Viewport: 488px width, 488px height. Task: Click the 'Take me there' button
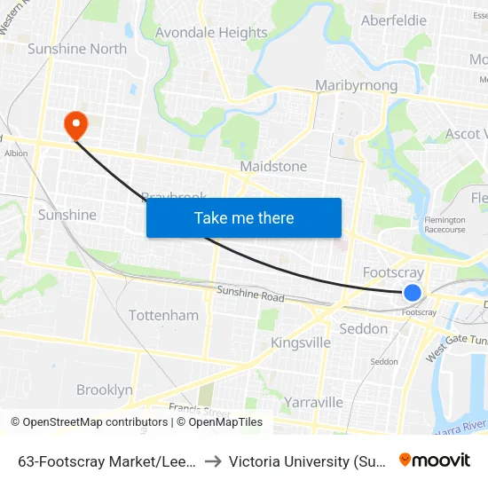click(244, 217)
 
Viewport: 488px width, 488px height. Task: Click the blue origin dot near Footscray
click(413, 292)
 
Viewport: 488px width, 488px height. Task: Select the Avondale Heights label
click(211, 33)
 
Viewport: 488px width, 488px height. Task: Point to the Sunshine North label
click(77, 49)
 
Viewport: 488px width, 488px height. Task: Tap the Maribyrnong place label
click(357, 85)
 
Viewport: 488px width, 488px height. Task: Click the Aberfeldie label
click(394, 20)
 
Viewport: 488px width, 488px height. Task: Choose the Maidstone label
click(273, 166)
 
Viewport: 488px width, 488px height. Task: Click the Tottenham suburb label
click(163, 315)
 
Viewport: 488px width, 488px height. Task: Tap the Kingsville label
click(301, 342)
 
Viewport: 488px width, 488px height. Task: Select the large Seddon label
click(364, 328)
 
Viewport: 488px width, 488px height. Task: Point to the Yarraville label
click(314, 402)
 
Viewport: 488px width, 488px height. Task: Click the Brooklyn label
click(105, 390)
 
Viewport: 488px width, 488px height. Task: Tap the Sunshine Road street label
click(251, 295)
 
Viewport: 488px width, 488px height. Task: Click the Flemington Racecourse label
click(445, 224)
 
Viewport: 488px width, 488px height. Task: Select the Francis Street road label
click(193, 409)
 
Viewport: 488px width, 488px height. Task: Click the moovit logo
click(435, 460)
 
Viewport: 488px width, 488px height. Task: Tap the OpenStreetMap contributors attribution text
click(92, 422)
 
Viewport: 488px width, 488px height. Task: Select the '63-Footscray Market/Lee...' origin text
click(106, 460)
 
